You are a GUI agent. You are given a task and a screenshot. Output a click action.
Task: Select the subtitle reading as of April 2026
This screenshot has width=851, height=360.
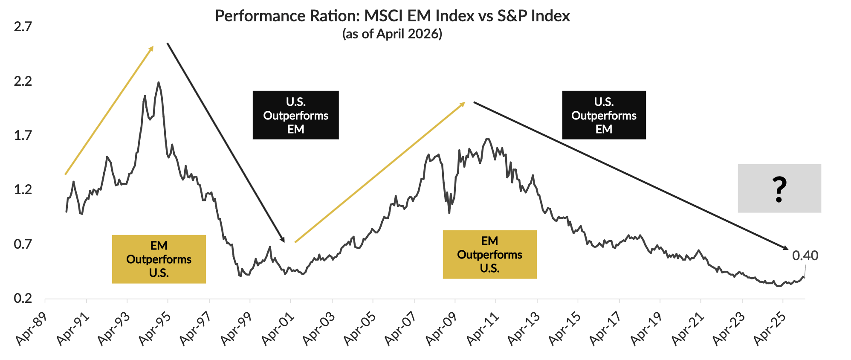392,34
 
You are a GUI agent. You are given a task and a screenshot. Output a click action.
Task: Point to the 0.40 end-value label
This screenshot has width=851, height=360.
805,255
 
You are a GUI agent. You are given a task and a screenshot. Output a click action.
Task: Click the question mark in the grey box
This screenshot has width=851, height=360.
779,189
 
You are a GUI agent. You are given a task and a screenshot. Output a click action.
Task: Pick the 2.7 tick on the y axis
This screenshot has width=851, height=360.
23,27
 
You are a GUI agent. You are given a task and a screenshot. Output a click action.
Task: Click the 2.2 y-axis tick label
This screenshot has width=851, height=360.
23,81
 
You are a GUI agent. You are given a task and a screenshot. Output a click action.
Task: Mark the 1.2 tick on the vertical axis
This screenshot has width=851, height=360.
23,189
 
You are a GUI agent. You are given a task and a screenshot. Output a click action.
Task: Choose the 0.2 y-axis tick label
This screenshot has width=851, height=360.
23,298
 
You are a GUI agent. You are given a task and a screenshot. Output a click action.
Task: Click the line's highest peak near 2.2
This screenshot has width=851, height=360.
159,82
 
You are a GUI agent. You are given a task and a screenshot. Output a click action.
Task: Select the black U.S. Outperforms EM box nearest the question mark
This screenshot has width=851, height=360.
604,115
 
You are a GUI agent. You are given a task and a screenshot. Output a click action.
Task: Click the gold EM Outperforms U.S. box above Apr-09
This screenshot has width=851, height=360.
489,255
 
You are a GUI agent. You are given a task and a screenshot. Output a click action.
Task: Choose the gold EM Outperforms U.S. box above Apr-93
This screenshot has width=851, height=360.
159,259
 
